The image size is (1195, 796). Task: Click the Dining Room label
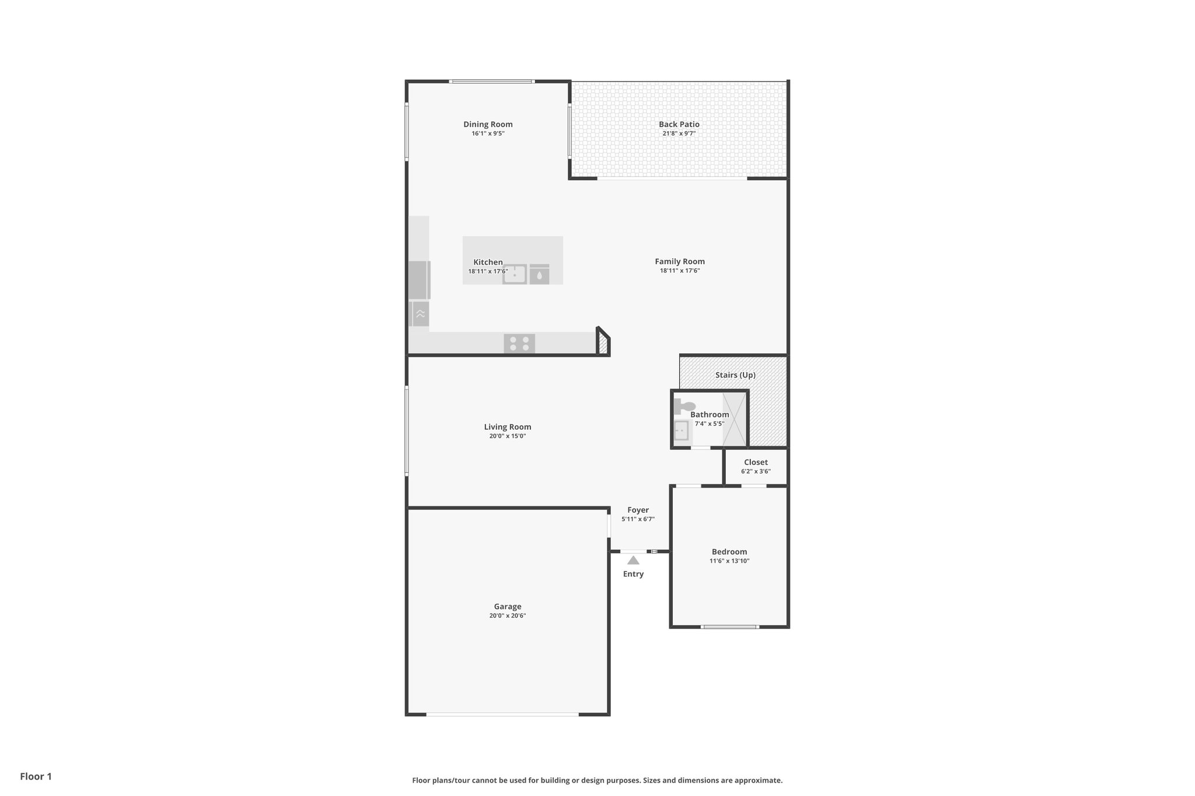pyautogui.click(x=488, y=124)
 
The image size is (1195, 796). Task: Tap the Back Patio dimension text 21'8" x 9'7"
pyautogui.click(x=679, y=134)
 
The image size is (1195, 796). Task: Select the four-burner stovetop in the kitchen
pyautogui.click(x=519, y=343)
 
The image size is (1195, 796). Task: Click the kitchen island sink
pyautogui.click(x=515, y=274)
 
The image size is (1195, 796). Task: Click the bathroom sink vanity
pyautogui.click(x=681, y=431)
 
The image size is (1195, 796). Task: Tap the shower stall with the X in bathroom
pyautogui.click(x=735, y=419)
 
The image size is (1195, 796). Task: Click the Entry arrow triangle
pyautogui.click(x=633, y=560)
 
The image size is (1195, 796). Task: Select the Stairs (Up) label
pyautogui.click(x=735, y=375)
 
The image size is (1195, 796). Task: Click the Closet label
pyautogui.click(x=756, y=462)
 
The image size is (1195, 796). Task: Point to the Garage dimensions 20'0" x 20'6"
pyautogui.click(x=508, y=616)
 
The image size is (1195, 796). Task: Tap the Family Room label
pyautogui.click(x=679, y=261)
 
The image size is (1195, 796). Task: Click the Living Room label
pyautogui.click(x=508, y=427)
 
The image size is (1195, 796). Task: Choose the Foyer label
pyautogui.click(x=638, y=510)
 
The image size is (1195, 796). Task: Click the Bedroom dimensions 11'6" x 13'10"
pyautogui.click(x=729, y=561)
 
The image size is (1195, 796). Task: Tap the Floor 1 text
pyautogui.click(x=36, y=776)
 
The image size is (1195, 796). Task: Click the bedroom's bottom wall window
pyautogui.click(x=729, y=627)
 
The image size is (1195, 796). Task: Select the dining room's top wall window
pyautogui.click(x=491, y=81)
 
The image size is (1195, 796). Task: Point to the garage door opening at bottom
pyautogui.click(x=502, y=714)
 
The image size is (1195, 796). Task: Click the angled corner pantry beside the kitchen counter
pyautogui.click(x=603, y=342)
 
